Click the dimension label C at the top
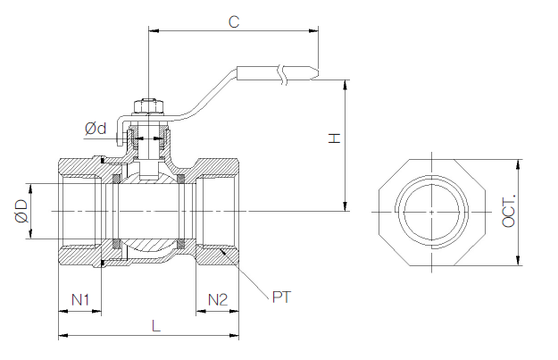coord(233,21)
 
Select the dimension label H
coord(333,138)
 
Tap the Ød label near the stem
coord(96,130)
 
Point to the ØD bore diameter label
coord(20,212)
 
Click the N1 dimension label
coord(80,298)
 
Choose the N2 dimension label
coord(218,298)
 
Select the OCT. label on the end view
coord(509,212)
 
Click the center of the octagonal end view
coord(431,212)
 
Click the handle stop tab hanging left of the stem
coord(120,133)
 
